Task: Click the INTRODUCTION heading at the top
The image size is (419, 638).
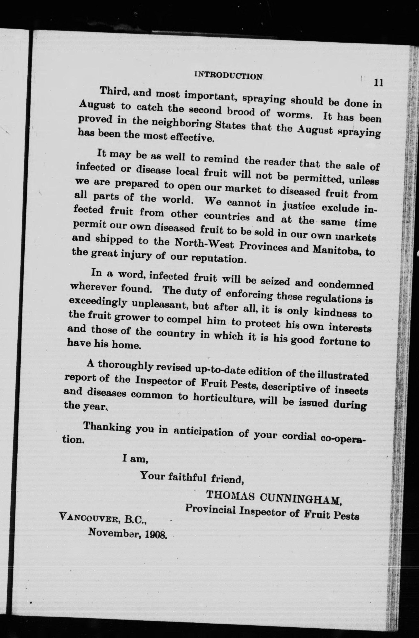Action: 228,76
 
